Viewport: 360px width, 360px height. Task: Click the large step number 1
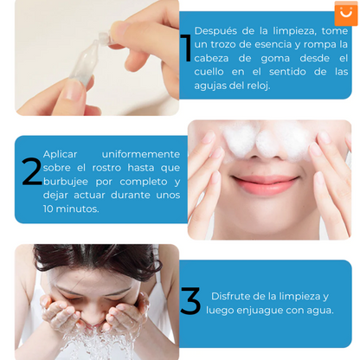pyautogui.click(x=187, y=48)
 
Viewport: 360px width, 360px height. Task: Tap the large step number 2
pyautogui.click(x=32, y=171)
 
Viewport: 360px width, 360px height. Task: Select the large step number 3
pyautogui.click(x=190, y=300)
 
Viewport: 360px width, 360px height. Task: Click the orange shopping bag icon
pyautogui.click(x=346, y=13)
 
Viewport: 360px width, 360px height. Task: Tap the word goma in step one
pyautogui.click(x=275, y=59)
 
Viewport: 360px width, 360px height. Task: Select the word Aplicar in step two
pyautogui.click(x=60, y=155)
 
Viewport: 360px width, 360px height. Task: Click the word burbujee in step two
pyautogui.click(x=66, y=182)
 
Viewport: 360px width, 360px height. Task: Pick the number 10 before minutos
pyautogui.click(x=48, y=209)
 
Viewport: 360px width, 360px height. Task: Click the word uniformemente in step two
pyautogui.click(x=141, y=154)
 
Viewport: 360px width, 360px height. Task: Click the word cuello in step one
pyautogui.click(x=209, y=72)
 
